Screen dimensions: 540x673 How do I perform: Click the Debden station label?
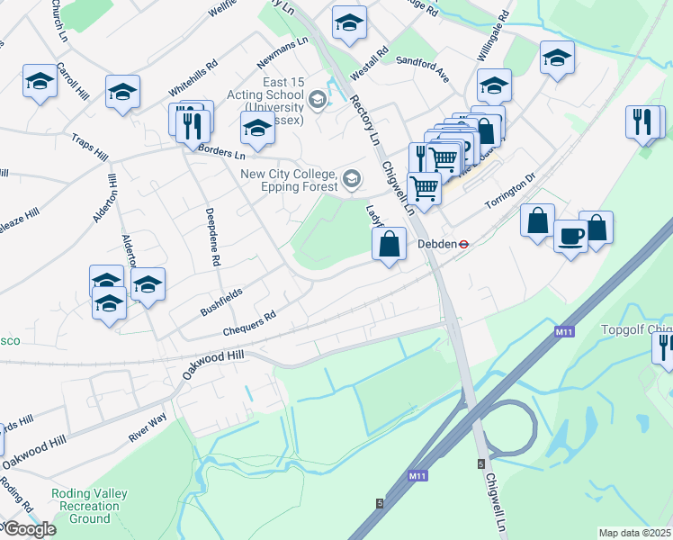point(435,243)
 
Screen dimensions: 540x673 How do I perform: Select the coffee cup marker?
point(570,236)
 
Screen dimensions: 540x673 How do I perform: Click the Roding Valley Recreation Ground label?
point(90,506)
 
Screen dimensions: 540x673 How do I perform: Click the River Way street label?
point(148,427)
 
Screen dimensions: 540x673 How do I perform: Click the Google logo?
point(29,529)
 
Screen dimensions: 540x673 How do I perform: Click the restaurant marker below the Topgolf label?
point(665,347)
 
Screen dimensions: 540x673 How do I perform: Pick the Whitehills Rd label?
point(193,79)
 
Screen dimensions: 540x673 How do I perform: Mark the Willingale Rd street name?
point(493,36)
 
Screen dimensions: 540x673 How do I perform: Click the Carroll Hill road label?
point(72,81)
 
